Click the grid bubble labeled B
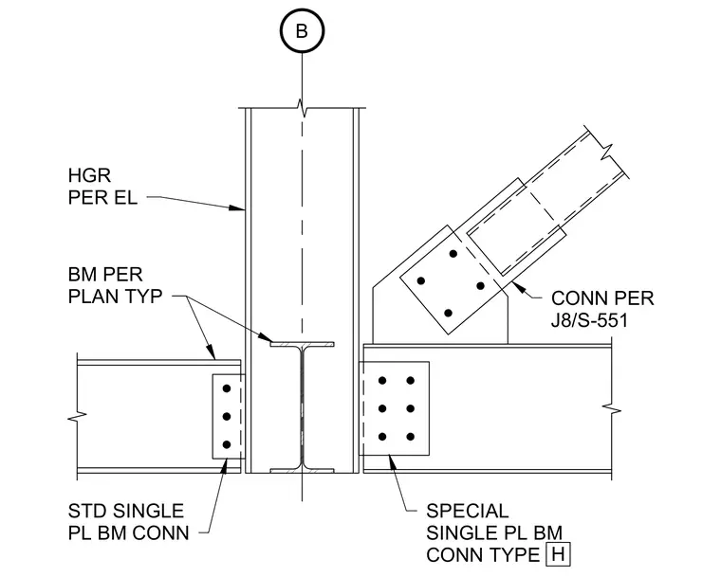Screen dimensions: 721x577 pos(302,30)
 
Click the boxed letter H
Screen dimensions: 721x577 pos(558,554)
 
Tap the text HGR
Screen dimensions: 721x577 pos(89,175)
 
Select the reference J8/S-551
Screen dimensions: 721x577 pos(589,320)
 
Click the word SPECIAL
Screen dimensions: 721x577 pos(467,511)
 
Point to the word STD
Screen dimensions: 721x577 pos(88,511)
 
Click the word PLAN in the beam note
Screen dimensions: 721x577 pos(93,297)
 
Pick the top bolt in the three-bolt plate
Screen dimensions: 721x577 pos(226,388)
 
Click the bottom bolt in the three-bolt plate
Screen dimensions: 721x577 pos(226,444)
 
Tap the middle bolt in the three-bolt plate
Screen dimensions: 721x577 pos(226,417)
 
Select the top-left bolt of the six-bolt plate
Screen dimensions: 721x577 pos(382,380)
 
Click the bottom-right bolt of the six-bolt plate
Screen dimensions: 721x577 pos(411,437)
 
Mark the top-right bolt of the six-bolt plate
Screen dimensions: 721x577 pos(411,380)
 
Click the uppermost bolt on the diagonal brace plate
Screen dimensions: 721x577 pos(453,254)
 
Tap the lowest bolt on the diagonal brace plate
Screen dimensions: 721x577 pos(449,314)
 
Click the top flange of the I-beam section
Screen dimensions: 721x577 pos(302,344)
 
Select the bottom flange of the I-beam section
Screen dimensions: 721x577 pos(302,471)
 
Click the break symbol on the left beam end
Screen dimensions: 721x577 pos(77,417)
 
